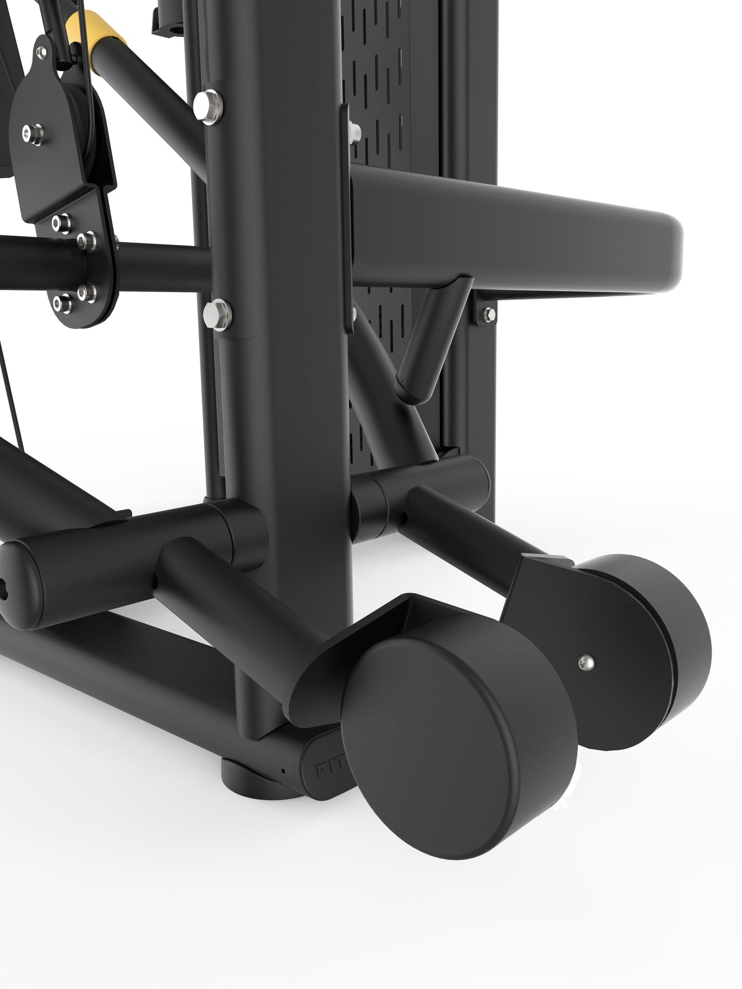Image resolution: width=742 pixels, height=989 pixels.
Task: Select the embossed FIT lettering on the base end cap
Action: pos(323,770)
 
